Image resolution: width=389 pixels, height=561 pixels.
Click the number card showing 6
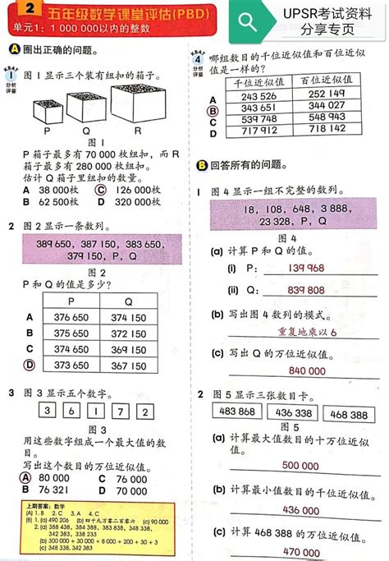[x=73, y=412]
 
